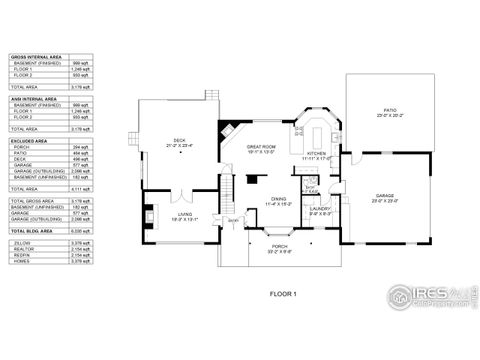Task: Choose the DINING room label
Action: click(x=279, y=200)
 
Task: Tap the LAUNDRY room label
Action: click(x=320, y=210)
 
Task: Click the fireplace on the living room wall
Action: click(x=149, y=213)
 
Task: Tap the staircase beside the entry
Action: click(x=227, y=190)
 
